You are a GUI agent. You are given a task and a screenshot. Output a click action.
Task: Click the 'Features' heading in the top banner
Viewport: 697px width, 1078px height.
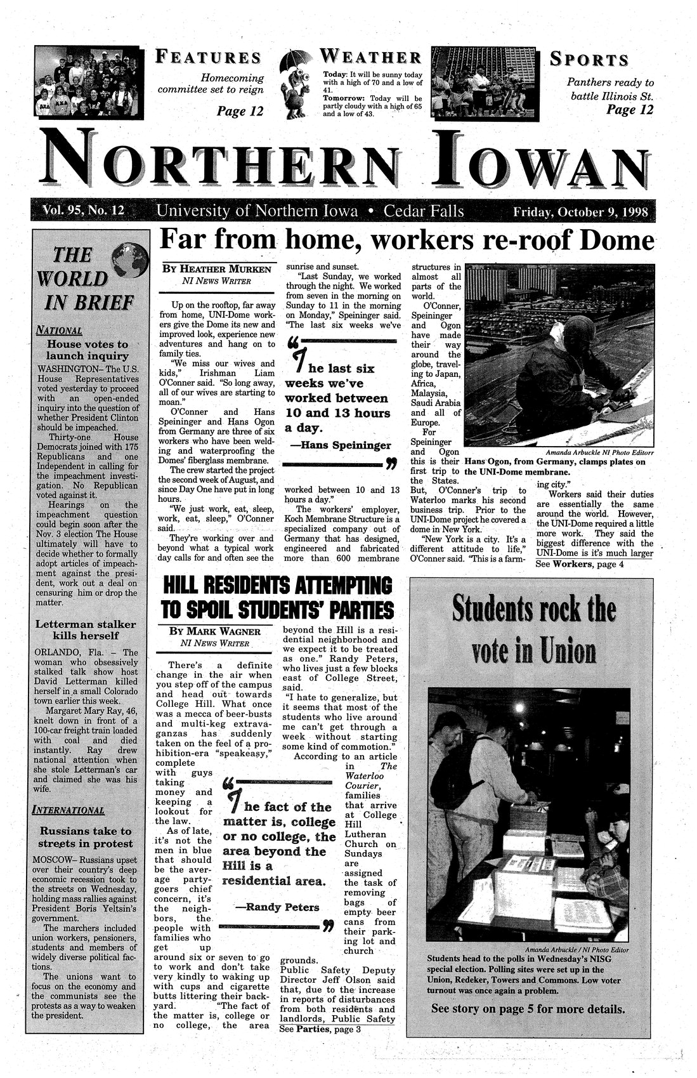pyautogui.click(x=208, y=58)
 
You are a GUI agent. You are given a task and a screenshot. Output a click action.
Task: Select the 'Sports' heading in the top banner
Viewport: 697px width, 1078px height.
pyautogui.click(x=589, y=60)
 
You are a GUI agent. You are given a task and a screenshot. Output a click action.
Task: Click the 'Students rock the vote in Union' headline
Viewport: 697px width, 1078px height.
pyautogui.click(x=533, y=631)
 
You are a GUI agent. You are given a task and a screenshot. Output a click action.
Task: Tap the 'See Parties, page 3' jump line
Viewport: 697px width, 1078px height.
pyautogui.click(x=319, y=1029)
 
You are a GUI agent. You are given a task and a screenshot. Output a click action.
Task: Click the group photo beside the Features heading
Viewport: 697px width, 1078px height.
pyautogui.click(x=89, y=82)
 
